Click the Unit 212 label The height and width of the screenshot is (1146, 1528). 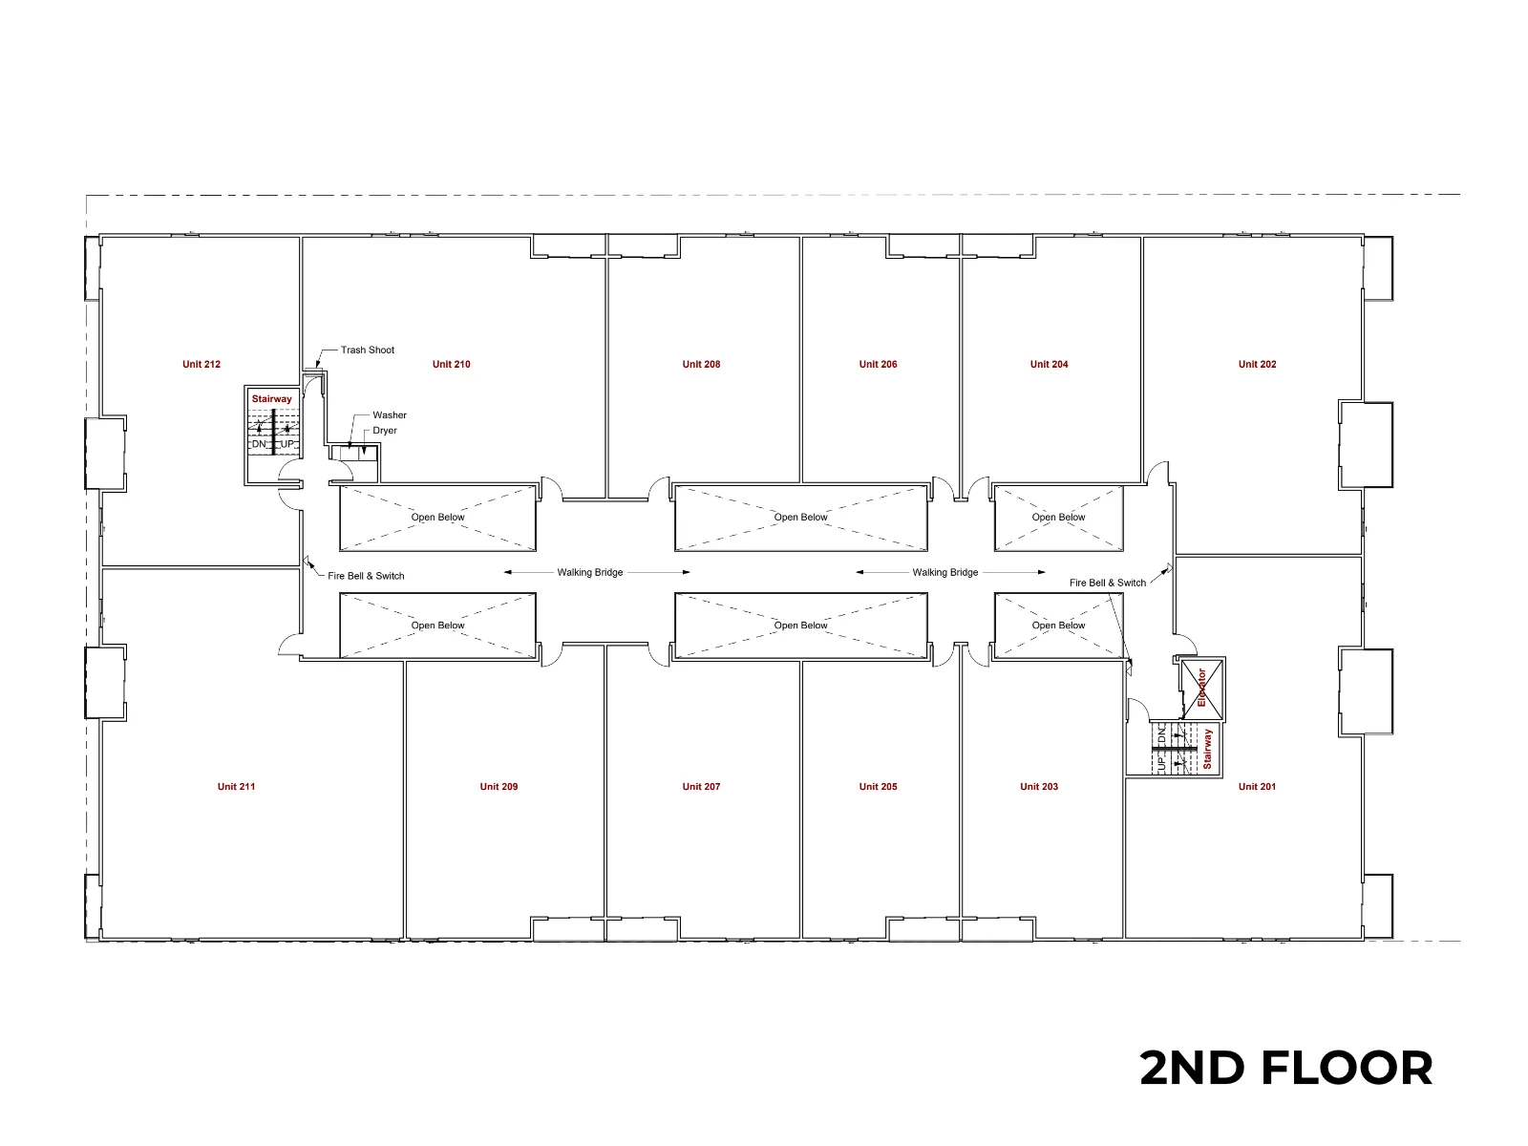click(202, 364)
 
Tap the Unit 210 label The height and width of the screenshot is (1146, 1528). click(451, 364)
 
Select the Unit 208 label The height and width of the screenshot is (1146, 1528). click(701, 364)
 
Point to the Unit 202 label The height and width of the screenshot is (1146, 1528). click(1257, 364)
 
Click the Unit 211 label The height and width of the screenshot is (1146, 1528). click(236, 786)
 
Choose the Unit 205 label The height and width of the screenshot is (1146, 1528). click(878, 786)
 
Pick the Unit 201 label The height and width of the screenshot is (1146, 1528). click(1257, 786)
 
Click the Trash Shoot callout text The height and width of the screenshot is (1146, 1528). click(368, 350)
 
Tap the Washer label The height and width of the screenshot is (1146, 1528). click(389, 414)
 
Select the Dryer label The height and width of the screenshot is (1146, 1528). click(384, 430)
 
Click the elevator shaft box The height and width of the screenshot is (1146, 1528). click(1201, 689)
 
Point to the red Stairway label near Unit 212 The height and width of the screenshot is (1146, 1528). click(271, 398)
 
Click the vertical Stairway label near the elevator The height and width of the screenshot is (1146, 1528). click(1207, 749)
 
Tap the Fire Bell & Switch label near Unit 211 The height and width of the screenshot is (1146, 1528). click(366, 576)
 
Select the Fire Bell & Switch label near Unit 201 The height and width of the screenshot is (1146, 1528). click(1108, 583)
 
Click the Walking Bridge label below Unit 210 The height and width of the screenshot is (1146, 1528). click(589, 572)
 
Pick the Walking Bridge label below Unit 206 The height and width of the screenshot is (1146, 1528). click(944, 572)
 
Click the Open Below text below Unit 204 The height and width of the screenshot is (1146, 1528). click(1058, 517)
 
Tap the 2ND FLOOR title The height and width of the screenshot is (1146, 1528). click(1285, 1068)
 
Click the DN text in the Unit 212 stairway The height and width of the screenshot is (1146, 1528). click(258, 444)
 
